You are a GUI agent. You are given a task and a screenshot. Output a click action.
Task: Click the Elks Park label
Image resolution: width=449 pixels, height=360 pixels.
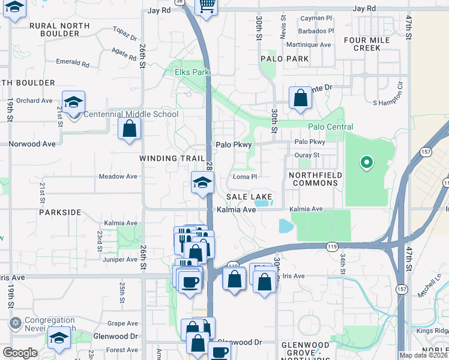click(191, 73)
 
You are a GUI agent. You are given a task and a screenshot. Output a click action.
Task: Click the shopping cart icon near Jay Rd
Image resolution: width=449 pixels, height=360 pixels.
click(206, 6)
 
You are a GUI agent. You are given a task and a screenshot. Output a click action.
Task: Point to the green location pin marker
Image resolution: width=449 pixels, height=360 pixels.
click(366, 162)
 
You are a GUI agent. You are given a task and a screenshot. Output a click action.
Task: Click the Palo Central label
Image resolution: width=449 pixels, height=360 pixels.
click(330, 127)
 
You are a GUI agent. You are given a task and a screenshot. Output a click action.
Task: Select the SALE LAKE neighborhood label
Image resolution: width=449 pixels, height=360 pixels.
click(249, 197)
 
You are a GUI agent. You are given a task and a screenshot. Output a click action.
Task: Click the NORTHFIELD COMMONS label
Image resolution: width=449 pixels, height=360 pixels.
click(315, 179)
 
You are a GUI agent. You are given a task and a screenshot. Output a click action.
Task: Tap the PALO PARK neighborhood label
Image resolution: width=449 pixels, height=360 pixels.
click(285, 59)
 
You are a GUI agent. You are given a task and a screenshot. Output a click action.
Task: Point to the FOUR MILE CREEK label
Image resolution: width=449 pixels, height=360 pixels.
click(367, 44)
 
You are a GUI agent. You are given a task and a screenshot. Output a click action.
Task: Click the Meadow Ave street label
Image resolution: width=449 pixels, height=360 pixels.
click(118, 176)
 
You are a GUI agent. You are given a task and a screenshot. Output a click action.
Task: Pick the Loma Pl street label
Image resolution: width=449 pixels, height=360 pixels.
click(245, 177)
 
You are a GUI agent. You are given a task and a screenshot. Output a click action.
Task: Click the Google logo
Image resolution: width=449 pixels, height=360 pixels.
click(20, 353)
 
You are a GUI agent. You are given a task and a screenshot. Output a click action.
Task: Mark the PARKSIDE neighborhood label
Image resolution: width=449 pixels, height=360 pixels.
click(60, 212)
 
